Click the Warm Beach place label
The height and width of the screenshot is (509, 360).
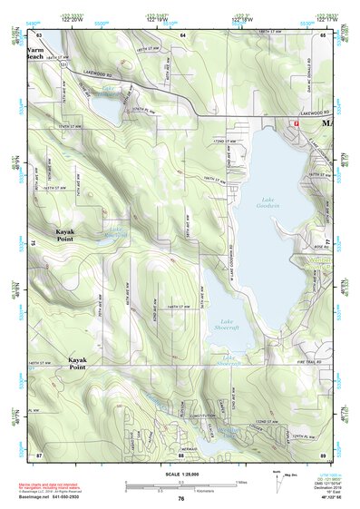(x=34, y=53)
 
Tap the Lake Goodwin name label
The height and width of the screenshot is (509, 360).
(x=268, y=205)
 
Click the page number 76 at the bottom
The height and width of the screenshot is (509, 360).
(x=181, y=498)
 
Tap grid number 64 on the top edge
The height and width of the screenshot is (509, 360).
(x=181, y=34)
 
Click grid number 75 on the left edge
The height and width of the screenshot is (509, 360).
(x=33, y=243)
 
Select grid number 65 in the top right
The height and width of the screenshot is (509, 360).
(x=323, y=34)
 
